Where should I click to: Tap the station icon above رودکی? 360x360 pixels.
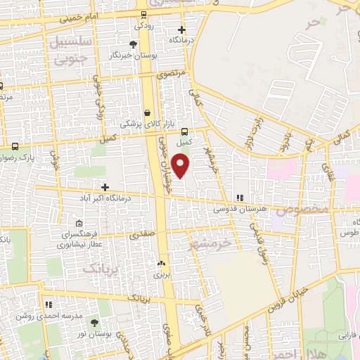click(x=144, y=14)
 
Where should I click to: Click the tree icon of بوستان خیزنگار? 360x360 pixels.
click(x=134, y=44)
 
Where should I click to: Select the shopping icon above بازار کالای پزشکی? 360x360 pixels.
click(x=148, y=112)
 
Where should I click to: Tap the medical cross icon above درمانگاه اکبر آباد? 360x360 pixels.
click(x=105, y=187)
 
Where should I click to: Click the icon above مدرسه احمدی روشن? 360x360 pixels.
click(x=49, y=304)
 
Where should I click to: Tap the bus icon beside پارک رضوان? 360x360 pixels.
click(x=15, y=146)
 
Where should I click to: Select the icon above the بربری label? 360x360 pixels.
click(x=162, y=264)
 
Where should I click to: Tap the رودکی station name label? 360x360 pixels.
click(x=143, y=25)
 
